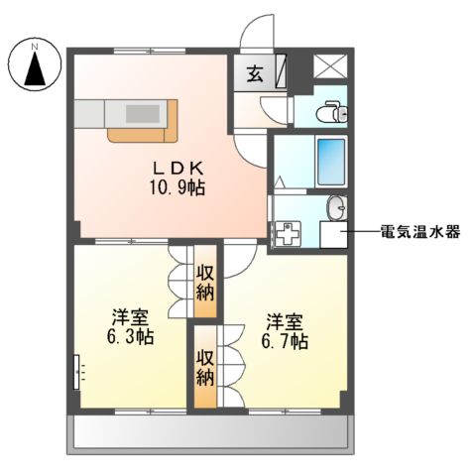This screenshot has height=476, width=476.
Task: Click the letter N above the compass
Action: pyautogui.click(x=34, y=46)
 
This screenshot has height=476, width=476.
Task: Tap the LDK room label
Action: pyautogui.click(x=178, y=168)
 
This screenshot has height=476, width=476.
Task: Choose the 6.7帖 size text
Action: pyautogui.click(x=285, y=339)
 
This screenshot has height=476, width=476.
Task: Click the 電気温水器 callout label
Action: pyautogui.click(x=420, y=233)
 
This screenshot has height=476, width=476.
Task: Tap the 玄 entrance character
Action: pyautogui.click(x=254, y=72)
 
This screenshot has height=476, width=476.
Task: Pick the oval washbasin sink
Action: pyautogui.click(x=337, y=208)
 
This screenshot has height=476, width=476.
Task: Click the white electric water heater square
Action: pyautogui.click(x=332, y=234)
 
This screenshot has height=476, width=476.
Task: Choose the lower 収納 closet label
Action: pyautogui.click(x=205, y=367)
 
